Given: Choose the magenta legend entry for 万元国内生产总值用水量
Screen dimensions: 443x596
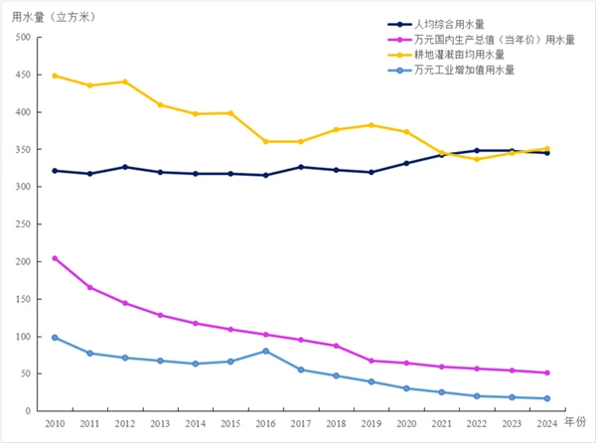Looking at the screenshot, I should coord(481,40).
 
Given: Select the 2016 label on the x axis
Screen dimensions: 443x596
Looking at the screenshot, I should coord(264,424).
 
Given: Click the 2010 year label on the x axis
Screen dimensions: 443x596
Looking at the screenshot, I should coord(55,424).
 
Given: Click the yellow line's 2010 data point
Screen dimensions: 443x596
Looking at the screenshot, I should coord(55,75).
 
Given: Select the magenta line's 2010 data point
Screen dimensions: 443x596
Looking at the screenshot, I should coord(55,258).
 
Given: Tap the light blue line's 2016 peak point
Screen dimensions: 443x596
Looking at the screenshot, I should coord(265,351).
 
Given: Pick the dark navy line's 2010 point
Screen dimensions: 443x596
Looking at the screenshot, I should coord(55,171).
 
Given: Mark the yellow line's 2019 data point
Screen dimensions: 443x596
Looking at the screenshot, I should coord(371,125).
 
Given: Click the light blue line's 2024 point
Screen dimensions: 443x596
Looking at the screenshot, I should coord(546,398).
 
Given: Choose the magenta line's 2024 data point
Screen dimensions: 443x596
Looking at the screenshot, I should coord(546,372).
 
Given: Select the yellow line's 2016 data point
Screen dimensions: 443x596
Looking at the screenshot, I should coord(265,141).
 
